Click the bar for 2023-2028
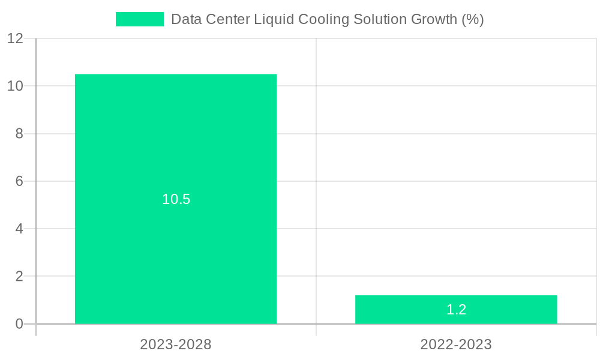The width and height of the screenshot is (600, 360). pos(176,150)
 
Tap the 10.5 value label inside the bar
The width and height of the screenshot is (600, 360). pos(176,199)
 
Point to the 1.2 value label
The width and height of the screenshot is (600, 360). pos(456,310)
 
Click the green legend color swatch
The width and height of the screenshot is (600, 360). pos(139,19)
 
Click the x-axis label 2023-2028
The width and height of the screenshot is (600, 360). pos(176,344)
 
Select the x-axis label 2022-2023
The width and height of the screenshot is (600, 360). pos(456,344)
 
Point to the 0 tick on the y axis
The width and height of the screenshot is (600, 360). pos(19,324)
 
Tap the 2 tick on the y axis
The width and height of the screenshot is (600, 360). pos(19,277)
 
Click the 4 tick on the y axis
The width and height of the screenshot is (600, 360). pos(19,229)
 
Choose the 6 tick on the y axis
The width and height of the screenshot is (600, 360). pos(19,181)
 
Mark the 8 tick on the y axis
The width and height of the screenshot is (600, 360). pos(19,134)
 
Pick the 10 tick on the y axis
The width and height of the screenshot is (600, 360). pos(15,86)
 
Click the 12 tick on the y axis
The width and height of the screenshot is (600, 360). pos(15,38)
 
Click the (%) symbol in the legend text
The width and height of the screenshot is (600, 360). pos(472,19)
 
